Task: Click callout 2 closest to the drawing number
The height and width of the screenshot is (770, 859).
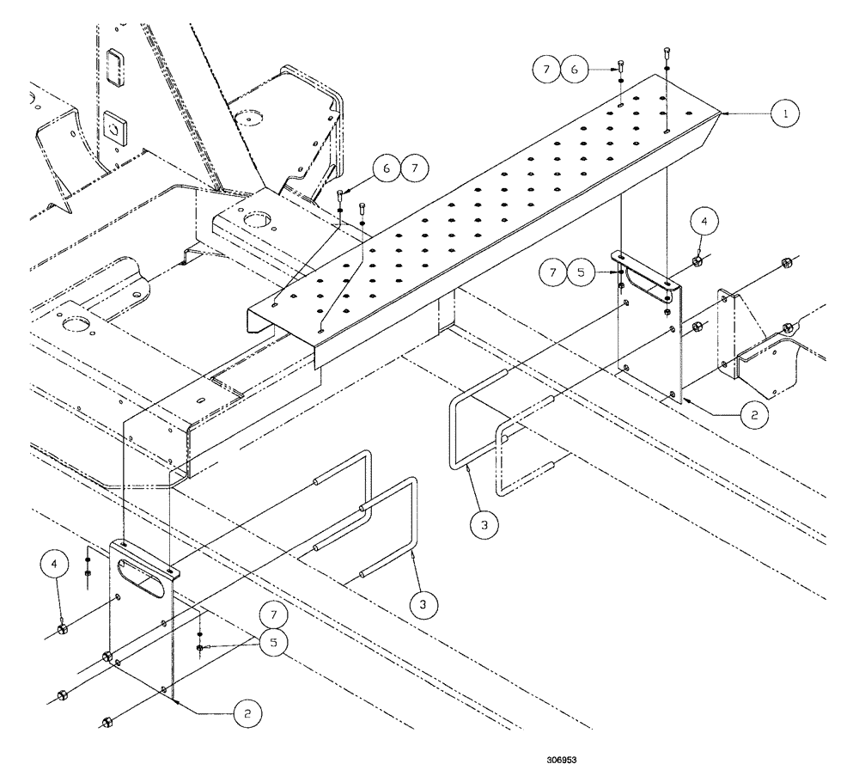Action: (x=246, y=712)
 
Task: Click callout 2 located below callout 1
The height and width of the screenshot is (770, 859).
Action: (x=753, y=413)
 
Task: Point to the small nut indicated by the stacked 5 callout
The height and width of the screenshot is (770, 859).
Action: (x=199, y=647)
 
